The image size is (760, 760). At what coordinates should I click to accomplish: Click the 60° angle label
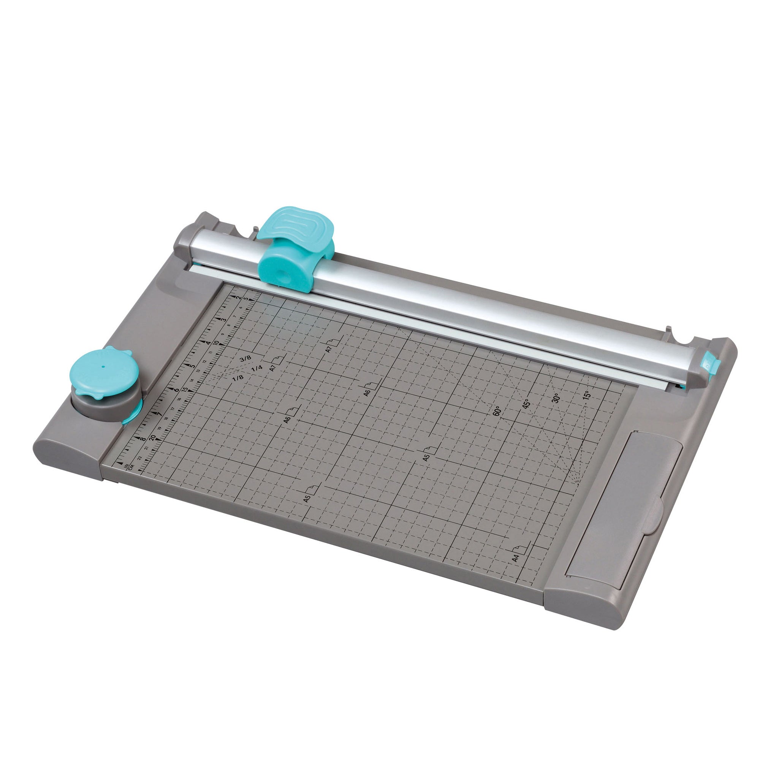pyautogui.click(x=497, y=411)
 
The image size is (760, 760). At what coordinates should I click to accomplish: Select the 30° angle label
pyautogui.click(x=556, y=398)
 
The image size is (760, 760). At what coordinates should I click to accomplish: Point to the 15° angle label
pyautogui.click(x=586, y=394)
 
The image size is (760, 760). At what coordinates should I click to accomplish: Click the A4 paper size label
pyautogui.click(x=516, y=557)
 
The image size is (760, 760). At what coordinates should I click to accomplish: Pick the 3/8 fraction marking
pyautogui.click(x=245, y=358)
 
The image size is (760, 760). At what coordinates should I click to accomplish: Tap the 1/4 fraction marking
pyautogui.click(x=256, y=368)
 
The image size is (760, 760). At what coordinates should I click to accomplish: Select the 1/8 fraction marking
pyautogui.click(x=237, y=378)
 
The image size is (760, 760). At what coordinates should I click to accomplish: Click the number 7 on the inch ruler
pyautogui.click(x=158, y=414)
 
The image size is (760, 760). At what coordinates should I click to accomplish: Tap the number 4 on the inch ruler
pyautogui.click(x=208, y=343)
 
